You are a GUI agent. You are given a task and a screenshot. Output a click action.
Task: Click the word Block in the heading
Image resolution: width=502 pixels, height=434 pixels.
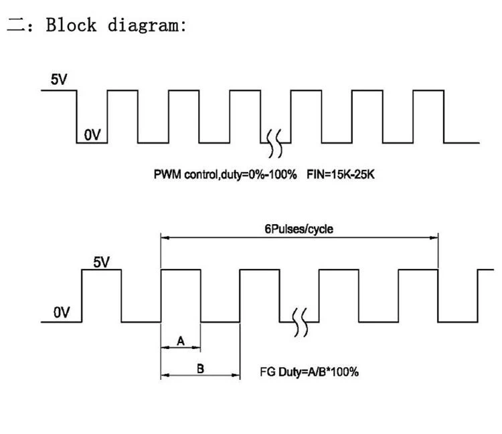coord(71,25)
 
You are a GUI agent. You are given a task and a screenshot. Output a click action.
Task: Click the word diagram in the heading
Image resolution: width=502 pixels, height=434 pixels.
coord(143,25)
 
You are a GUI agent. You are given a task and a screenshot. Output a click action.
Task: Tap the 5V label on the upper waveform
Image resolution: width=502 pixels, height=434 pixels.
coord(59,80)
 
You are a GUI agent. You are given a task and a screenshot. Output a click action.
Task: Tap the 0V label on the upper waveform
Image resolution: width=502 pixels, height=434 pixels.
coord(92,134)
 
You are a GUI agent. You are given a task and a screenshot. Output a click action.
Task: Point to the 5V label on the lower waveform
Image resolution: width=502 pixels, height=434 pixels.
coord(101,262)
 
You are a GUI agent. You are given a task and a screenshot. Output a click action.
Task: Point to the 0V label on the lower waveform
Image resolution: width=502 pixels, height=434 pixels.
coord(62,312)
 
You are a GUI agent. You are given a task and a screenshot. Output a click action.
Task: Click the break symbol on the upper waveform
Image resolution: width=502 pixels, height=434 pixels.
coord(275,144)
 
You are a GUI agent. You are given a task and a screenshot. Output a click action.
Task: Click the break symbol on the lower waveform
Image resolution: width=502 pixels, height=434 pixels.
coord(301,322)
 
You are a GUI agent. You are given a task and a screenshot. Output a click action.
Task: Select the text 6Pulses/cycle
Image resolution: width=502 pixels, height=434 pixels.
coord(299,229)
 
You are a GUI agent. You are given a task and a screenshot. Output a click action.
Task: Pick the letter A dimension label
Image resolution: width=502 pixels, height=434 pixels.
coord(181,341)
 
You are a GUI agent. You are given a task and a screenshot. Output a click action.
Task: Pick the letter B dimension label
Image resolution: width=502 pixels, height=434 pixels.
coord(200,368)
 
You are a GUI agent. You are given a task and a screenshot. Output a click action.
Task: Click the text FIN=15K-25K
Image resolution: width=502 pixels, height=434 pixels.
coord(340,175)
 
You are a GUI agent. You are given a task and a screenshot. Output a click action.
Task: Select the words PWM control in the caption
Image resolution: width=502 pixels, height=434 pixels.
coord(185,175)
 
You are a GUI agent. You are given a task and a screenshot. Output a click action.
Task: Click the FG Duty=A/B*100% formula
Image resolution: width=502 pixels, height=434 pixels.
coord(309,372)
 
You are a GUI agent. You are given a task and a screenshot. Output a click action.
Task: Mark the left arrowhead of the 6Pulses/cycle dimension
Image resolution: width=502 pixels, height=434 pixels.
coord(165,237)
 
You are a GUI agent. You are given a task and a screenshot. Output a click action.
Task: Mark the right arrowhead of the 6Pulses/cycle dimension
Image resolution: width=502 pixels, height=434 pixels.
coord(434,237)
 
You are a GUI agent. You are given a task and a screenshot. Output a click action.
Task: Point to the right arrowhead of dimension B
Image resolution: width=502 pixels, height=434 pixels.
coord(236,375)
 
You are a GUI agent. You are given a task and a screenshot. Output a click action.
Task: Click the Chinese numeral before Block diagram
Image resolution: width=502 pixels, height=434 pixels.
coord(15,25)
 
